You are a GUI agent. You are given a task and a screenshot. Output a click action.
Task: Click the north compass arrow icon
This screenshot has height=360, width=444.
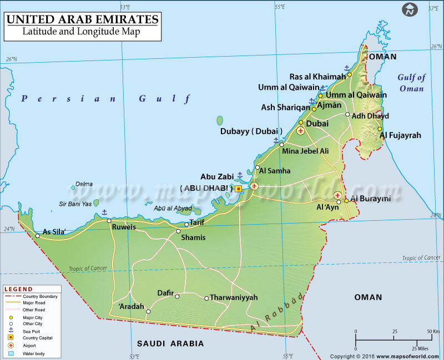coord(410,9)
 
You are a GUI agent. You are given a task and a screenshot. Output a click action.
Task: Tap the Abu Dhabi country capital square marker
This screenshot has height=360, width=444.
coord(239,189)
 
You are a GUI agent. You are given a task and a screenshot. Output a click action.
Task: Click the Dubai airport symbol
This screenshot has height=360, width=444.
coord(300,131)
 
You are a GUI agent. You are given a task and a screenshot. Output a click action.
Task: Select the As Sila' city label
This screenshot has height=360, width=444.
coord(55,232)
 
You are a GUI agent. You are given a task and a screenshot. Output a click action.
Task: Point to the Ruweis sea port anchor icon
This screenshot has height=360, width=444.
coord(104,212)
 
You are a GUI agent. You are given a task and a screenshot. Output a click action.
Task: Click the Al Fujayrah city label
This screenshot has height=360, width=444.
coord(400,135)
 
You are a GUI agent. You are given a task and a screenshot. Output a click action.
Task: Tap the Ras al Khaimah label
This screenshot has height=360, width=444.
coord(317,77)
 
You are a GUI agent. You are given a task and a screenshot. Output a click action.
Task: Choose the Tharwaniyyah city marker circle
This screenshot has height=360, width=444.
coord(206,298)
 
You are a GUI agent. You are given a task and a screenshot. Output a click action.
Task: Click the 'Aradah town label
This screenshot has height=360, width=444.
coord(132,306)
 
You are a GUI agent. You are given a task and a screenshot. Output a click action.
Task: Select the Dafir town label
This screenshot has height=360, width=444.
coord(165,292)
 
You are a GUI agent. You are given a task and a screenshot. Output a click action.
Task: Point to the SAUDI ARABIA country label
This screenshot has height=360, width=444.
coord(170,343)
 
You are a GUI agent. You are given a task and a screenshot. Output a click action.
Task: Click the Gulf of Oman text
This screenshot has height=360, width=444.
coord(411,83)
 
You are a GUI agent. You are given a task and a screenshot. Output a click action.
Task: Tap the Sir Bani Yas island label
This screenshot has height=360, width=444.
coord(75,204)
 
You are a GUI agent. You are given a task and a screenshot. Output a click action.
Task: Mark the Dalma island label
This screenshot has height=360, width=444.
coord(84,184)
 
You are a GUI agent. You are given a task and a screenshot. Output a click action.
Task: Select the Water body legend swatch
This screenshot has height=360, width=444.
coord(11,353)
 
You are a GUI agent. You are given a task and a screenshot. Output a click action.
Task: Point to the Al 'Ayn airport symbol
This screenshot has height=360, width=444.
coord(337,195)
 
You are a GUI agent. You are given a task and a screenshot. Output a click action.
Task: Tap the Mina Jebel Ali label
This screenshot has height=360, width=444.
coord(305,151)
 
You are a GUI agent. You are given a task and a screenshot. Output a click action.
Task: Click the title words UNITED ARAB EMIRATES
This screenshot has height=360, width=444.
coord(82,20)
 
